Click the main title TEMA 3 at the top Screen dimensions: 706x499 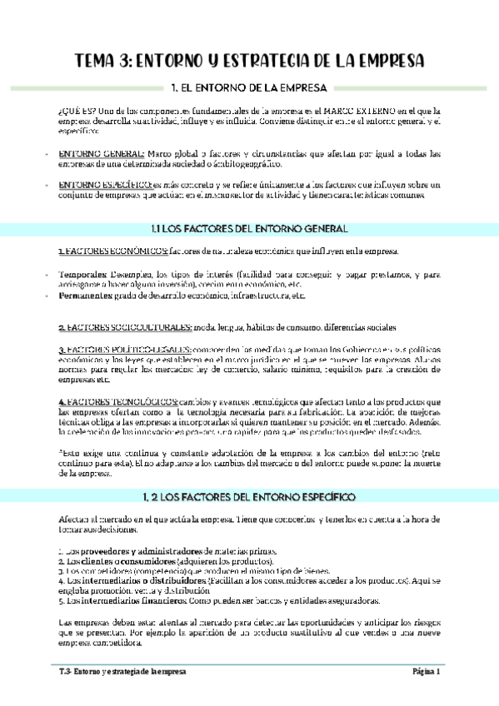[x=249, y=61]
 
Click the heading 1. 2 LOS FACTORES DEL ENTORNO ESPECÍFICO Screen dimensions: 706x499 [x=249, y=496]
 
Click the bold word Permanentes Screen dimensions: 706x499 [x=87, y=296]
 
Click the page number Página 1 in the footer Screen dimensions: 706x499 [x=425, y=671]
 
